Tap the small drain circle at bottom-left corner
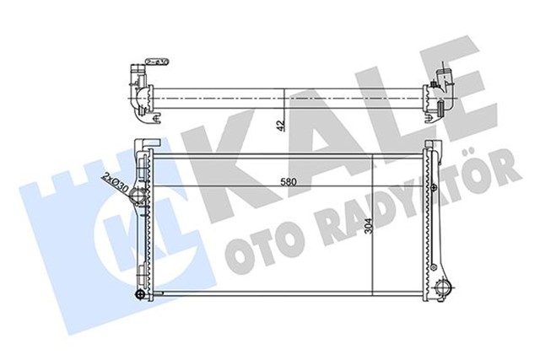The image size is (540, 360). (139, 294)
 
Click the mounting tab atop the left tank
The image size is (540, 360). (149, 140)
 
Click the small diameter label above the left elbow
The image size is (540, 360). (155, 61)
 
